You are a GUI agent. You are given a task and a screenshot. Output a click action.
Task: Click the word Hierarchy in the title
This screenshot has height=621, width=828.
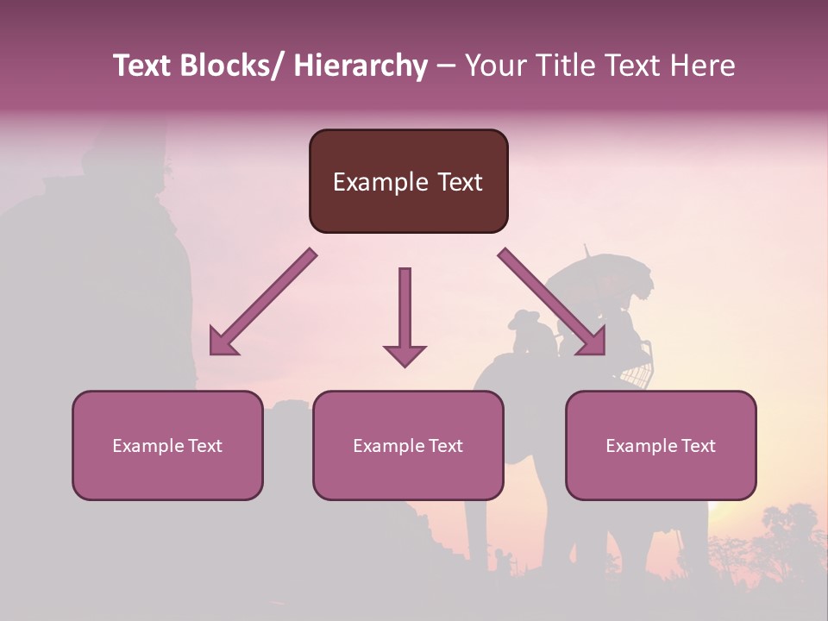361,66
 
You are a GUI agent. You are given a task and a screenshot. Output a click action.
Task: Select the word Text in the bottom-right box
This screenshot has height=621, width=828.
698,446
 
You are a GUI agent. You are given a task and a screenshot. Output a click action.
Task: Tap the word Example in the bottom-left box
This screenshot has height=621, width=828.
147,446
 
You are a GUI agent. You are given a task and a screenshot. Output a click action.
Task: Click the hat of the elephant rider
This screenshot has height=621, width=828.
524,320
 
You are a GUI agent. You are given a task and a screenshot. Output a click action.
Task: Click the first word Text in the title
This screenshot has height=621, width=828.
146,66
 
